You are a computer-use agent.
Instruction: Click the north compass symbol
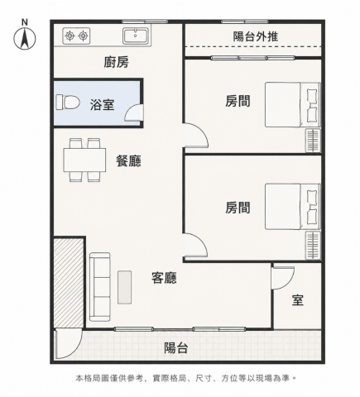coord(25,36)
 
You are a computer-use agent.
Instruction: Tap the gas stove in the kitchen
coord(76,36)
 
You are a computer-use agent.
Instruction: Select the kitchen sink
coord(137,36)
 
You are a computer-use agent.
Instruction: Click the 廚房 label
coord(116,62)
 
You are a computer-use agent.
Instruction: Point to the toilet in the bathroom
coord(68,102)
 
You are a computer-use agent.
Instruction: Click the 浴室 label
coord(102,105)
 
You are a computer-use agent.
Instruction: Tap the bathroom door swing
coord(134,113)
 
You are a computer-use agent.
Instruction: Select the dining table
coord(84,160)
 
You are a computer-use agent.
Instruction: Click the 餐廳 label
coord(128,160)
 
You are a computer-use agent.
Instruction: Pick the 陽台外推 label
coord(256,36)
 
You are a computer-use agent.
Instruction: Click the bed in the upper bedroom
coord(292,105)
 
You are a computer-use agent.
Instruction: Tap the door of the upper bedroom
coord(196,136)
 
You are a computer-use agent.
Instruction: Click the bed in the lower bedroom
coord(292,207)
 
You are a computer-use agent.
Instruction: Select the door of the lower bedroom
coord(195,246)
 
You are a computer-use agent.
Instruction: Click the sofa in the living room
coord(100,287)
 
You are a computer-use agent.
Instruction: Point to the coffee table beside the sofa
coord(124,287)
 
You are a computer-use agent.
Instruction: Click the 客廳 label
coord(164,278)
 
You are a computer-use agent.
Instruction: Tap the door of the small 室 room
coord(283,278)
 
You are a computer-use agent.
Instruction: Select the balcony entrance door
coord(69,343)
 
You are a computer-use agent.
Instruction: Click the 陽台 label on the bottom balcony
coord(176,348)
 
